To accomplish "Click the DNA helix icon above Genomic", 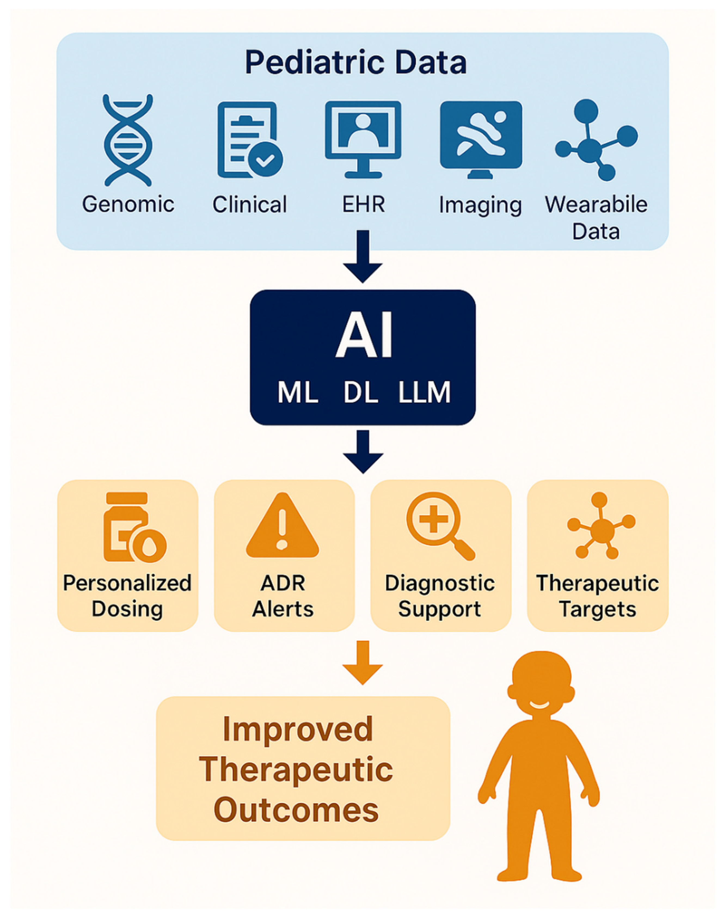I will (x=127, y=140).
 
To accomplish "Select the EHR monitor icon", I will (x=363, y=138).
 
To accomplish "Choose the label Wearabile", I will (x=596, y=204).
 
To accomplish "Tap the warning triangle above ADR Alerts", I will (x=282, y=527).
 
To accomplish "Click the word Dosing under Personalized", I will (x=127, y=609).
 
